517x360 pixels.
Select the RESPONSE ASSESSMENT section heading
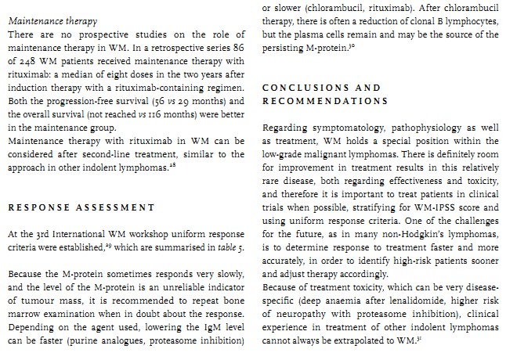(x=81, y=207)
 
